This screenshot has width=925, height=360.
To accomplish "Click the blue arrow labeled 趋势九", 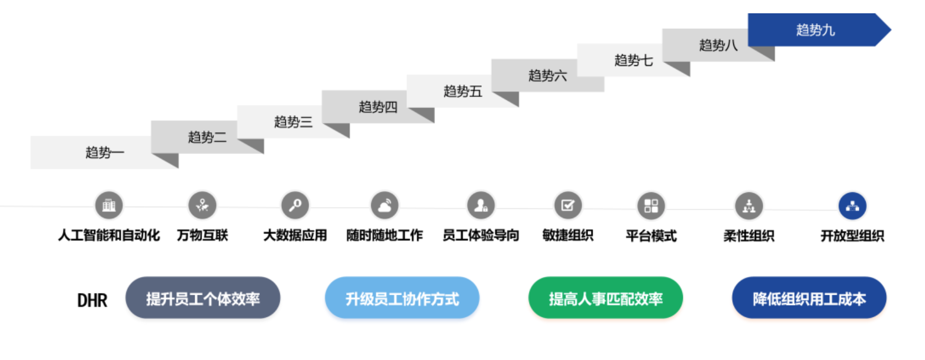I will (815, 30).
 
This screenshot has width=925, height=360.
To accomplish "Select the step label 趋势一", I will (105, 152).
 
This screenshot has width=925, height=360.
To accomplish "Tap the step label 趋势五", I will (462, 91).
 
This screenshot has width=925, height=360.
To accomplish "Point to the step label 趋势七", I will (633, 60).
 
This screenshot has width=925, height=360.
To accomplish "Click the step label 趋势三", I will (293, 122).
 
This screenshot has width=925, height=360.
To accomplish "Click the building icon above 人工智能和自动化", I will (109, 205).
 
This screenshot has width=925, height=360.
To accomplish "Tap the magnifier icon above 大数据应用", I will (295, 205).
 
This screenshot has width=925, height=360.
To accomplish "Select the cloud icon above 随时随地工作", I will (384, 206).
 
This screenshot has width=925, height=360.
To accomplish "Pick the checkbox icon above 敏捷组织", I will (568, 206).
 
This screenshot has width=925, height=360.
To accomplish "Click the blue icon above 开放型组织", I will (852, 207).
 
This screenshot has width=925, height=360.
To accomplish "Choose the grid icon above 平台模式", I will (651, 206).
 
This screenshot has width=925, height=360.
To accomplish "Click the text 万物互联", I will (202, 235).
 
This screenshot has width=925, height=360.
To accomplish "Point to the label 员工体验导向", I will (481, 235).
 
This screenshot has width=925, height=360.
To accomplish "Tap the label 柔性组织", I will (749, 236).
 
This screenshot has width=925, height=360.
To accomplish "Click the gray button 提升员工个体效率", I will (203, 299).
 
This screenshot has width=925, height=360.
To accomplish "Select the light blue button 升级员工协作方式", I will (402, 299).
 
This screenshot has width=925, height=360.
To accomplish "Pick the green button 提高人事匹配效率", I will (605, 299).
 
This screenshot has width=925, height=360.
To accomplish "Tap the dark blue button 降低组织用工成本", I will (809, 299).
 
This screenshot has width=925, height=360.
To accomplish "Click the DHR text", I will (92, 300).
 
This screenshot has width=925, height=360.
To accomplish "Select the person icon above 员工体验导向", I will (481, 206).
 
